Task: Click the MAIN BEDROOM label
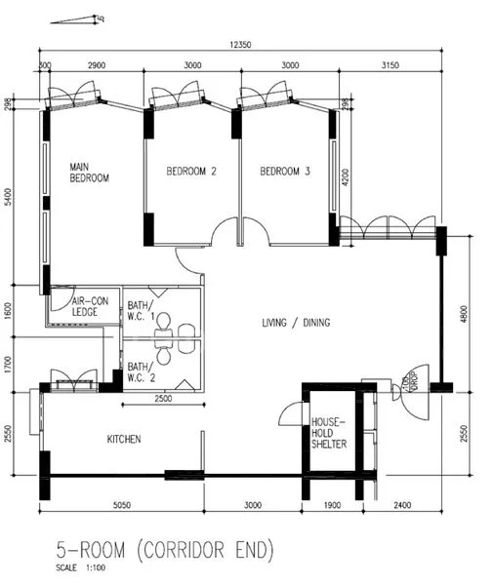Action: coord(89,173)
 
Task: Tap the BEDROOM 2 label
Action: coord(190,172)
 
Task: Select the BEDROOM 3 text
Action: coord(284,172)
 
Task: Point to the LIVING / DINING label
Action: coord(296,323)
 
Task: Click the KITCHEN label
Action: coord(124,440)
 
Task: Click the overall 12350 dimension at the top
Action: coord(240,45)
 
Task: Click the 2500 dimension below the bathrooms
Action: coord(162,398)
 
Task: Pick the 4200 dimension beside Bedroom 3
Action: coord(347,177)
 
